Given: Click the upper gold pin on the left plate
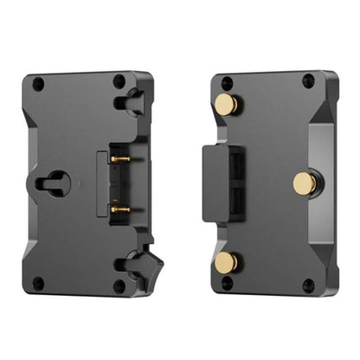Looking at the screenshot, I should [120, 159].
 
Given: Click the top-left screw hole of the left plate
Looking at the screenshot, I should [38, 84].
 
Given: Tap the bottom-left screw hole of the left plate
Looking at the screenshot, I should [38, 282].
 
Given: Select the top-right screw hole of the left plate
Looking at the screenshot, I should [119, 81].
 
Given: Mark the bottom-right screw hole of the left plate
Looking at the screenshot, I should [119, 285].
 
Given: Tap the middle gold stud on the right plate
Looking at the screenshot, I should [304, 183].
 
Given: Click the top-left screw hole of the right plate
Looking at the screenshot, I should [227, 83].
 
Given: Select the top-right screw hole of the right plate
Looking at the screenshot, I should [308, 81].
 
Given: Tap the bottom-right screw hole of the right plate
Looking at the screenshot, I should [308, 285].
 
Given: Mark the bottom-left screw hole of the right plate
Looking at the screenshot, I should [227, 282].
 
